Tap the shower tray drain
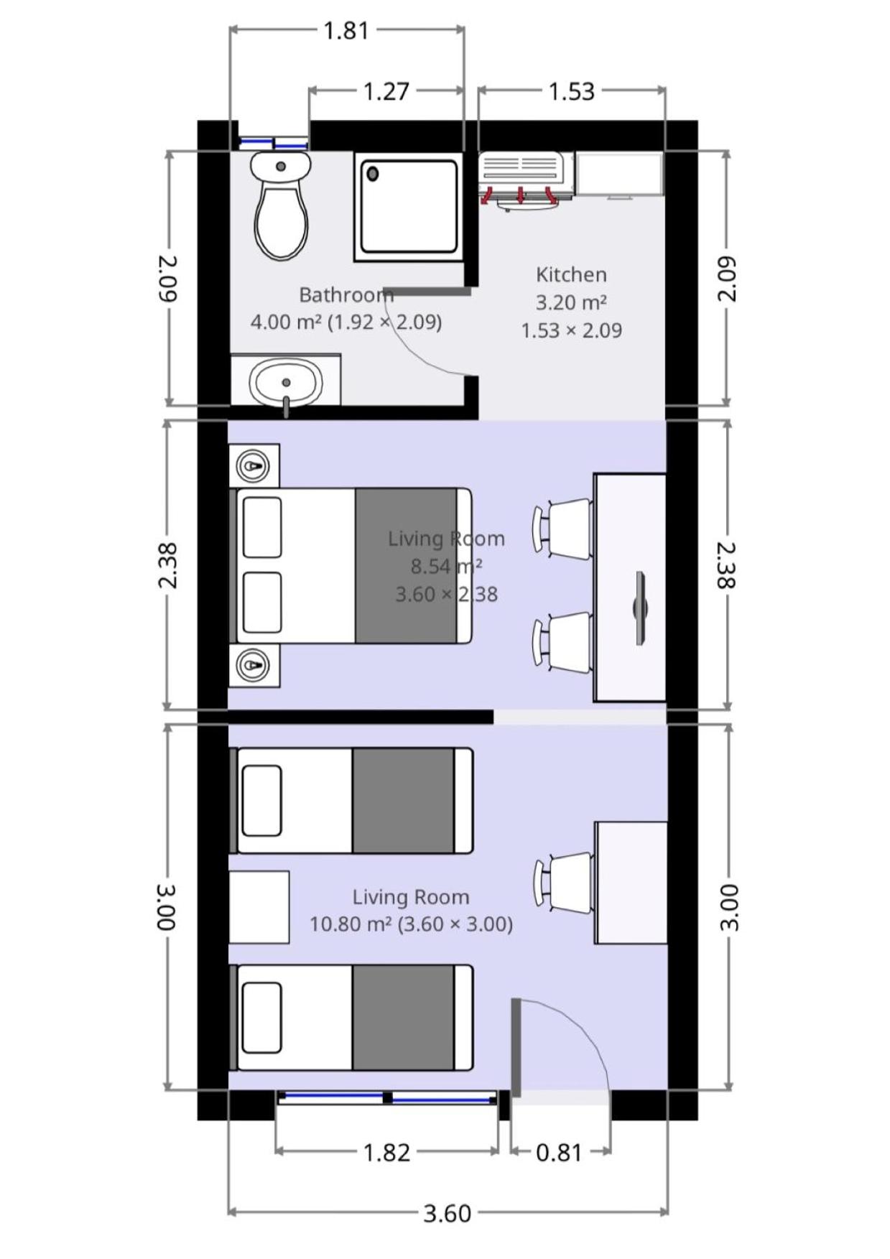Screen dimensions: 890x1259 pyautogui.click(x=373, y=173)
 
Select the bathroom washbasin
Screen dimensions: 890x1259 pyautogui.click(x=286, y=383)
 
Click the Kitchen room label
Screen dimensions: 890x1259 pyautogui.click(x=571, y=274)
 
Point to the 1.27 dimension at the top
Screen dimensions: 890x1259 pyautogui.click(x=386, y=92)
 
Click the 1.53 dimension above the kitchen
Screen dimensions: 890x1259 pyautogui.click(x=572, y=92)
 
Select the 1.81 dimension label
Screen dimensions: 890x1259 pyautogui.click(x=346, y=31)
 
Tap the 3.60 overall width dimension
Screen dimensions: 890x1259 pyautogui.click(x=448, y=1213)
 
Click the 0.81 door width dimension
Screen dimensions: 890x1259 pyautogui.click(x=559, y=1152)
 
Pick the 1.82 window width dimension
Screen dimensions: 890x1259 pyautogui.click(x=386, y=1152)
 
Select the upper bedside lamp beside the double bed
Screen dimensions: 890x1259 pyautogui.click(x=254, y=466)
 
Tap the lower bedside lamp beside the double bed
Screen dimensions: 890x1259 pyautogui.click(x=254, y=665)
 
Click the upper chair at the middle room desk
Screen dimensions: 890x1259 pyautogui.click(x=562, y=529)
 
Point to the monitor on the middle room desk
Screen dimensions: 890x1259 pyautogui.click(x=639, y=608)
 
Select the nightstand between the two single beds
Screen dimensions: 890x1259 pyautogui.click(x=259, y=907)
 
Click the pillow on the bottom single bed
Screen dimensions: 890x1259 pyautogui.click(x=261, y=1018)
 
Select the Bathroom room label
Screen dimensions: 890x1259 pyautogui.click(x=346, y=295)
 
